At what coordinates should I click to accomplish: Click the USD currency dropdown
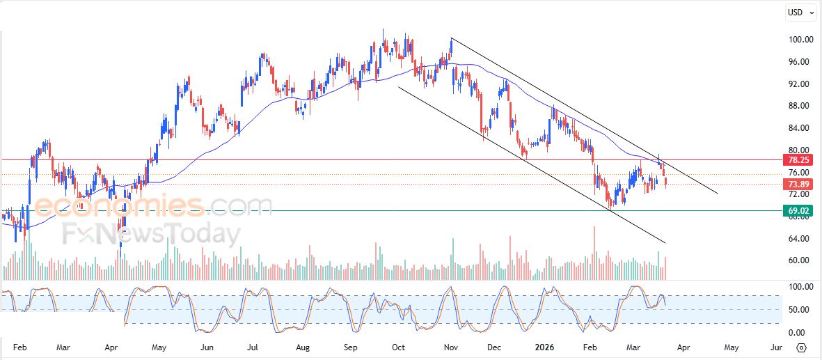(x=800, y=12)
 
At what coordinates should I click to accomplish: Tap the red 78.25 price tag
(x=798, y=160)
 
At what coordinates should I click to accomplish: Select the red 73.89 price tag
(x=798, y=185)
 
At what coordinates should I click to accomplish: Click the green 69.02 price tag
(x=798, y=210)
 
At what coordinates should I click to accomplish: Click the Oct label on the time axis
(x=398, y=347)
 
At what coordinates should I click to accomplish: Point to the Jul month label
(x=253, y=347)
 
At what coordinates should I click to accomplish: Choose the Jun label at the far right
(x=777, y=347)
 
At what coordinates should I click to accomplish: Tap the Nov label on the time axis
(x=450, y=347)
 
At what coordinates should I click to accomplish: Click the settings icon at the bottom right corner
(x=801, y=347)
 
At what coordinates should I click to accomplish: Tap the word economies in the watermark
(x=119, y=206)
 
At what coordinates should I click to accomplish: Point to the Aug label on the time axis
(x=302, y=347)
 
